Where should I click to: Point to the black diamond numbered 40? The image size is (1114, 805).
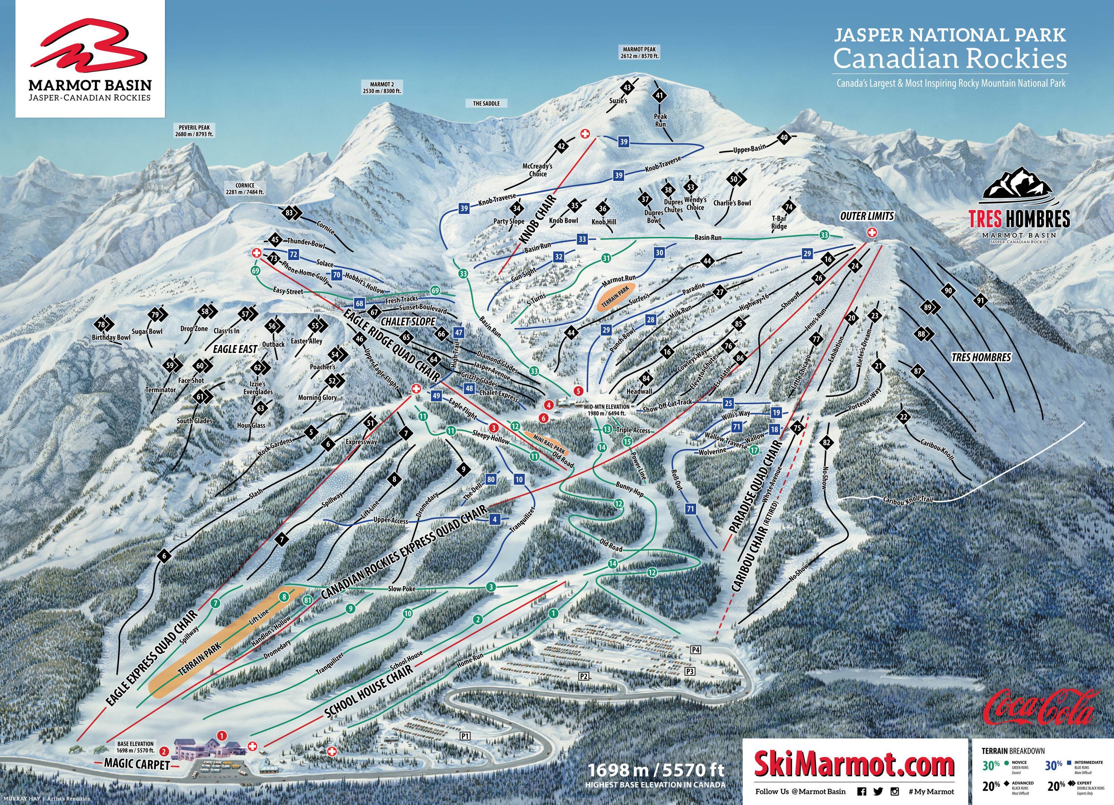click(x=784, y=137)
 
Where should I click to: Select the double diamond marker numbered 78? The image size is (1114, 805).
click(x=102, y=325)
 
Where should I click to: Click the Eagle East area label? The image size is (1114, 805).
click(x=235, y=349)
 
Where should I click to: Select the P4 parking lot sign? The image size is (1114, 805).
click(x=695, y=650)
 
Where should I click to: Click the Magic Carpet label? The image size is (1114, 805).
click(x=137, y=765)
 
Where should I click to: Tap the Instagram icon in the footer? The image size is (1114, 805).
click(x=895, y=791)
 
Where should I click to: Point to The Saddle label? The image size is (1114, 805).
click(x=486, y=104)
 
